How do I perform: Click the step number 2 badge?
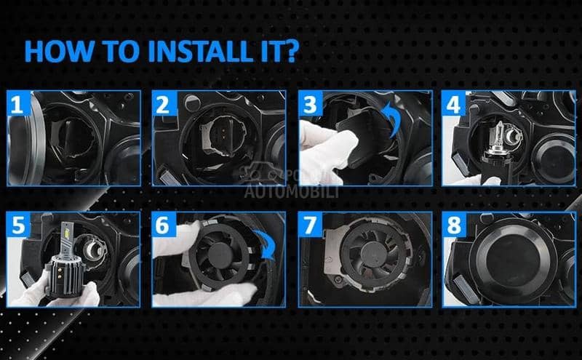[x=163, y=104]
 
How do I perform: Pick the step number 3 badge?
[x=311, y=104]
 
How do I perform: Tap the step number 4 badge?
[x=454, y=104]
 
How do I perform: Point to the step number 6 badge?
[x=163, y=225]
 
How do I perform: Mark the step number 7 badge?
[x=311, y=225]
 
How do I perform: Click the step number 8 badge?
[x=454, y=225]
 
